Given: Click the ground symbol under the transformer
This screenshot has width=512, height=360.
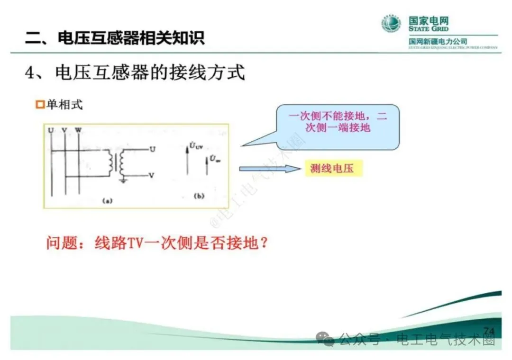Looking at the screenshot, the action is tap(123, 180).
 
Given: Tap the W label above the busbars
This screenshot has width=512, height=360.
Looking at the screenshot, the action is tap(78, 129).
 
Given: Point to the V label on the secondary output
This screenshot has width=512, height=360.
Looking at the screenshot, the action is tap(151, 175).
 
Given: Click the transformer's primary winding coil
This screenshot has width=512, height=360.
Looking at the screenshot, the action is tap(112, 162).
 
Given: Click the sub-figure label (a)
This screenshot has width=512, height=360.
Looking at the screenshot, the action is tap(107, 200).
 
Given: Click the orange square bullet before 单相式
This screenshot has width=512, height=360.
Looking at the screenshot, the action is tap(40, 105).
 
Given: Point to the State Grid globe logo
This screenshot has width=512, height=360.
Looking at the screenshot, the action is tap(392, 24).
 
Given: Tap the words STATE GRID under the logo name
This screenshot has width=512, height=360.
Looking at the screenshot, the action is tap(428, 29).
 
